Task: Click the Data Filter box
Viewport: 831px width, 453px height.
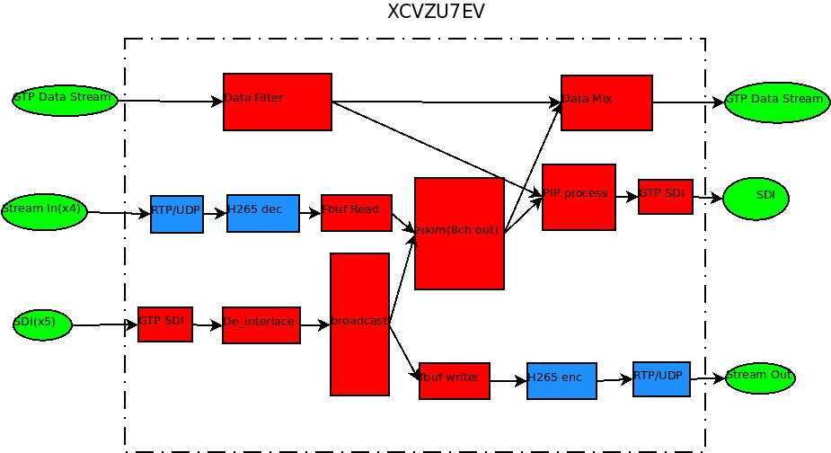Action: [278, 102]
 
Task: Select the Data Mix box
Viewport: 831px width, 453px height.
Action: [606, 102]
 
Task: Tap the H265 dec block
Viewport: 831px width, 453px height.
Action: [263, 213]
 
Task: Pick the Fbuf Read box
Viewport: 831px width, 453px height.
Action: [357, 213]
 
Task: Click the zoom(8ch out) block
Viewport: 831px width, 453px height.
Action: [459, 234]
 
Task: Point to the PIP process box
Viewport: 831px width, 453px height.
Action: [579, 197]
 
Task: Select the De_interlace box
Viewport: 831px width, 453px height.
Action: [261, 324]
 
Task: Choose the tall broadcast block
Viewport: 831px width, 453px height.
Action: [359, 324]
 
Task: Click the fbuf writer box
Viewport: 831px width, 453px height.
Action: [455, 381]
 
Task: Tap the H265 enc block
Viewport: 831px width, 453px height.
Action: [561, 381]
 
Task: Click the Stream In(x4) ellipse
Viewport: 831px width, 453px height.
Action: [44, 211]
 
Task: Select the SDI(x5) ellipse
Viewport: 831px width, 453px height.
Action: [42, 324]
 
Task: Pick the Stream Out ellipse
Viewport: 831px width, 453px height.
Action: [760, 377]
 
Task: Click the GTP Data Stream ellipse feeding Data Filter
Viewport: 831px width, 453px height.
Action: [65, 100]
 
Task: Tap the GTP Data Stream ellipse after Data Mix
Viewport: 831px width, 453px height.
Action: [776, 102]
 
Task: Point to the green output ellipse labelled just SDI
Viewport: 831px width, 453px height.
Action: [756, 199]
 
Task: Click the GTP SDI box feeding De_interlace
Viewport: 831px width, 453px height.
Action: [165, 324]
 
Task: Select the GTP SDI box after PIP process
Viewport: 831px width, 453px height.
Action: [666, 197]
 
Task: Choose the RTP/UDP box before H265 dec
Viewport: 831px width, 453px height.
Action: [177, 214]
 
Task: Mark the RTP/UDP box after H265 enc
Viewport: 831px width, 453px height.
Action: [661, 379]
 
